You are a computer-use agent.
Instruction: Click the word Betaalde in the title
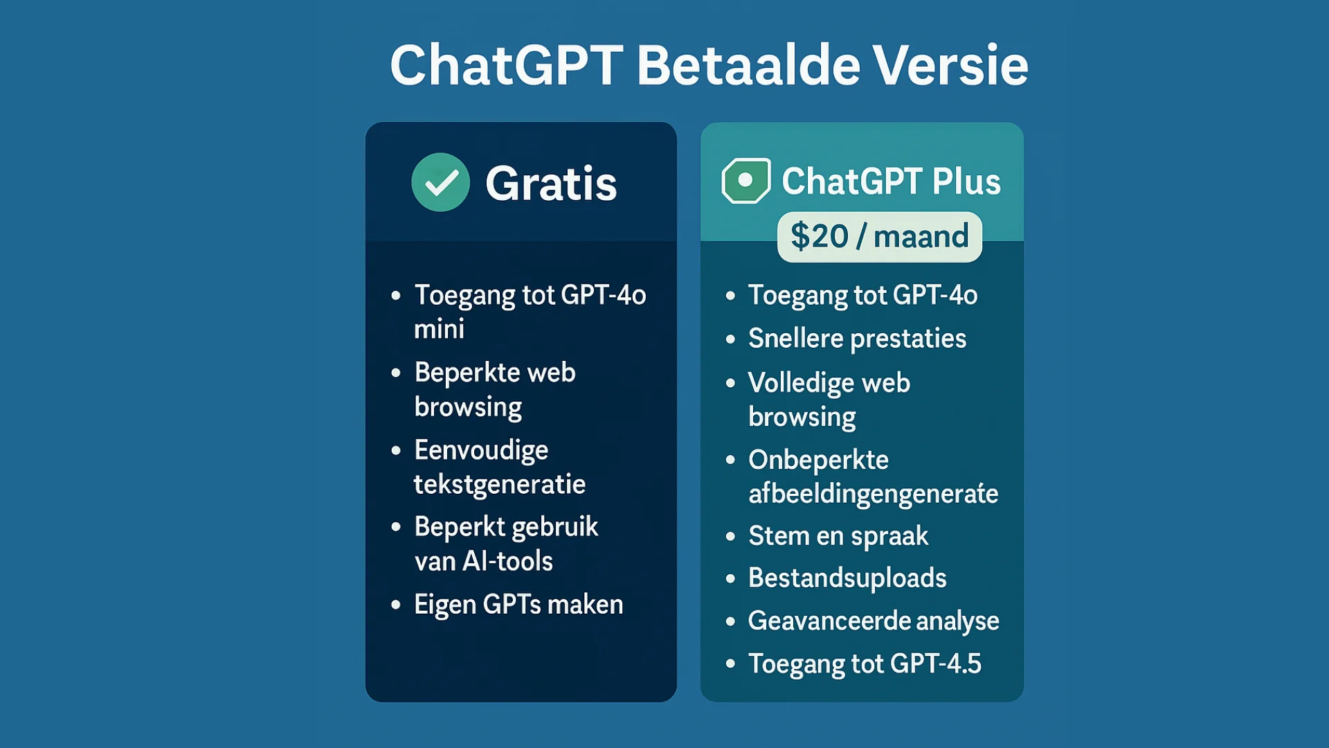pos(748,65)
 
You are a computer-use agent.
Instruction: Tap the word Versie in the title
pos(950,65)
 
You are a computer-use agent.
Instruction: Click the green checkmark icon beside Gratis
pos(440,182)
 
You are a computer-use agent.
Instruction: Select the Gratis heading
pos(551,184)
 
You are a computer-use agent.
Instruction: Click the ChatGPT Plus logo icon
pos(745,181)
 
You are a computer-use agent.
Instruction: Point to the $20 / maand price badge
pos(879,237)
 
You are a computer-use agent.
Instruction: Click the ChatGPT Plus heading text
pos(891,181)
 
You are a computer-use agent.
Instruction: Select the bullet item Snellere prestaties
pos(857,339)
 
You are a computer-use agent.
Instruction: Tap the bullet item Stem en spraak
pos(838,536)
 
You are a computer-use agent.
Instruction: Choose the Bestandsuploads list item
pos(847,578)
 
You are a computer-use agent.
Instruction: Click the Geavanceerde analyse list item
pos(874,621)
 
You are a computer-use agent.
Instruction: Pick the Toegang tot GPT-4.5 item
pos(865,664)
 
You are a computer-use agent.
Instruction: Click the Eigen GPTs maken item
pos(518,605)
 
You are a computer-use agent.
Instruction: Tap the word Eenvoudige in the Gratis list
pos(481,450)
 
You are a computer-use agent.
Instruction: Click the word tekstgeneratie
pos(500,484)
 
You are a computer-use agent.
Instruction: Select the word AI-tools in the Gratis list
pos(507,561)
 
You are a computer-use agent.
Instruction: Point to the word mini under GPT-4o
pos(439,329)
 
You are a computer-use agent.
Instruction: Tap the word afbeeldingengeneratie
pos(873,494)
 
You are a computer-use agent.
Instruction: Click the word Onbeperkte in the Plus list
pos(818,460)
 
